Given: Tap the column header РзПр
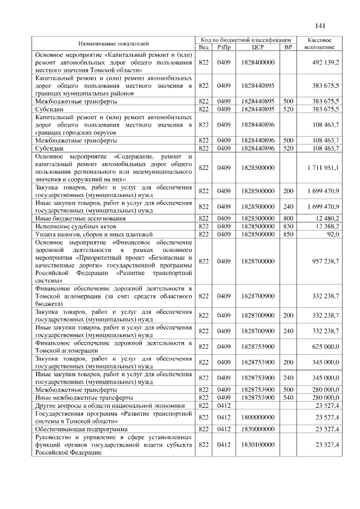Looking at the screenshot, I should (x=224, y=47).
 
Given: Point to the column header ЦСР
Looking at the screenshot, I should (x=258, y=47).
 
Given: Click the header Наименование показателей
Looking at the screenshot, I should (x=114, y=43).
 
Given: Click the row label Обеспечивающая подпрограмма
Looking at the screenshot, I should (x=75, y=429).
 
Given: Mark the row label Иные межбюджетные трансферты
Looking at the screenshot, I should (x=76, y=397).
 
